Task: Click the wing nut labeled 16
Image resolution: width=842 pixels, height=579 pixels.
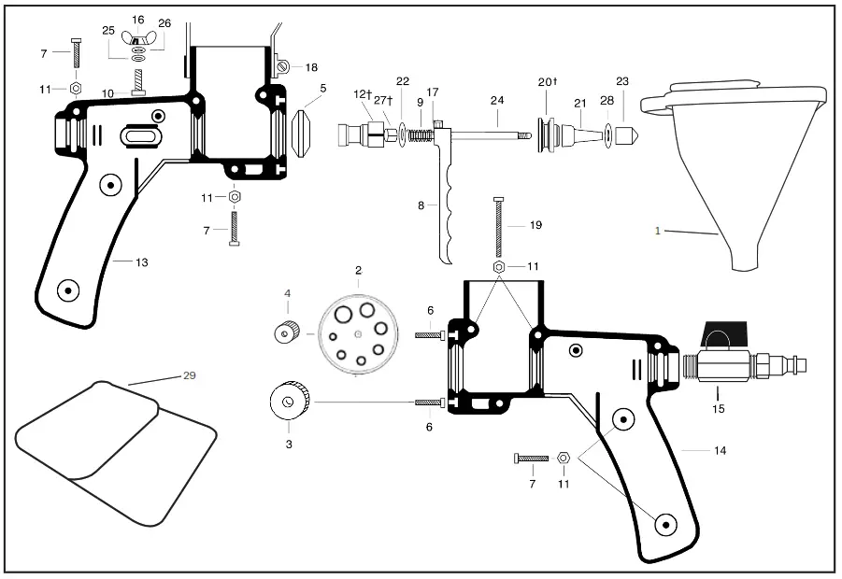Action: tap(137, 37)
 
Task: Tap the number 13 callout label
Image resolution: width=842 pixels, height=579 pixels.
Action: tap(141, 262)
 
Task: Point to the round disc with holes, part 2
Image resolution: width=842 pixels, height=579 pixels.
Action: tap(359, 333)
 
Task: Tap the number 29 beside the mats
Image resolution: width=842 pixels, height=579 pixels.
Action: tap(189, 375)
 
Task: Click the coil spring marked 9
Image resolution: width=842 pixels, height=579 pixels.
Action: tap(422, 135)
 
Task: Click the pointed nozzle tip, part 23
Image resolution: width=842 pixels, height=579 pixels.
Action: tap(626, 135)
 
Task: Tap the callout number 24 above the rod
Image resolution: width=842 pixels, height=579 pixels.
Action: tap(497, 100)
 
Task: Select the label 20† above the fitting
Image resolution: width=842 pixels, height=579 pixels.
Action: tap(548, 82)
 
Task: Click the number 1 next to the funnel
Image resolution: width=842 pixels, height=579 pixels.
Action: tap(657, 231)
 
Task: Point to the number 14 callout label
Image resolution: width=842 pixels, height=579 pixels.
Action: tap(720, 451)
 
